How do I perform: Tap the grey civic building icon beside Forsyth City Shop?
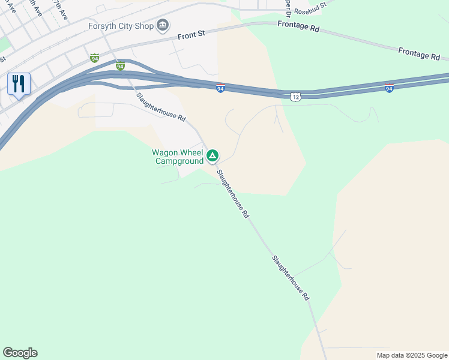click(162, 25)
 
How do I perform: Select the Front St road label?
click(192, 35)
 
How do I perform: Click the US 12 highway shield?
click(294, 97)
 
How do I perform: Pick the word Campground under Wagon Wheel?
click(179, 161)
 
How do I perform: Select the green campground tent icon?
click(212, 157)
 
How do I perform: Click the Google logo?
click(20, 353)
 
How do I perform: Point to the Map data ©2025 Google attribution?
click(412, 355)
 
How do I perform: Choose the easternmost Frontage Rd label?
click(419, 54)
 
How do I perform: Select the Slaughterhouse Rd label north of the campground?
click(160, 107)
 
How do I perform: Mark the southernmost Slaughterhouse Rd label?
click(291, 278)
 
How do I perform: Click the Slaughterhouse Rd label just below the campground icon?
click(233, 194)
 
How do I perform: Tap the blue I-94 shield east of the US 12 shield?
click(389, 88)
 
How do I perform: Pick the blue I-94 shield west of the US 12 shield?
click(220, 88)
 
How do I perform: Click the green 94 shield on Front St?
click(94, 58)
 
